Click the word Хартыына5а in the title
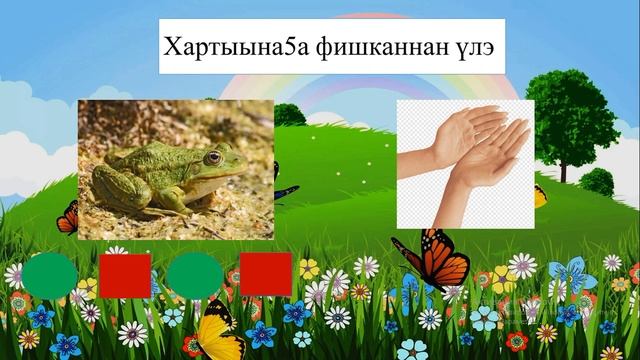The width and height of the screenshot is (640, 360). [x=223, y=46]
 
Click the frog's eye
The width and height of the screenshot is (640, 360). [x=212, y=157]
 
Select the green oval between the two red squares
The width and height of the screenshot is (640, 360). [x=194, y=275]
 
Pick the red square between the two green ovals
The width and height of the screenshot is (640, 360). [x=125, y=276]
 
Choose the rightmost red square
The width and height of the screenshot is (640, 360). [x=265, y=274]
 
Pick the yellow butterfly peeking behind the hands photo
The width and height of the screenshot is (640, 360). [x=540, y=196]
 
